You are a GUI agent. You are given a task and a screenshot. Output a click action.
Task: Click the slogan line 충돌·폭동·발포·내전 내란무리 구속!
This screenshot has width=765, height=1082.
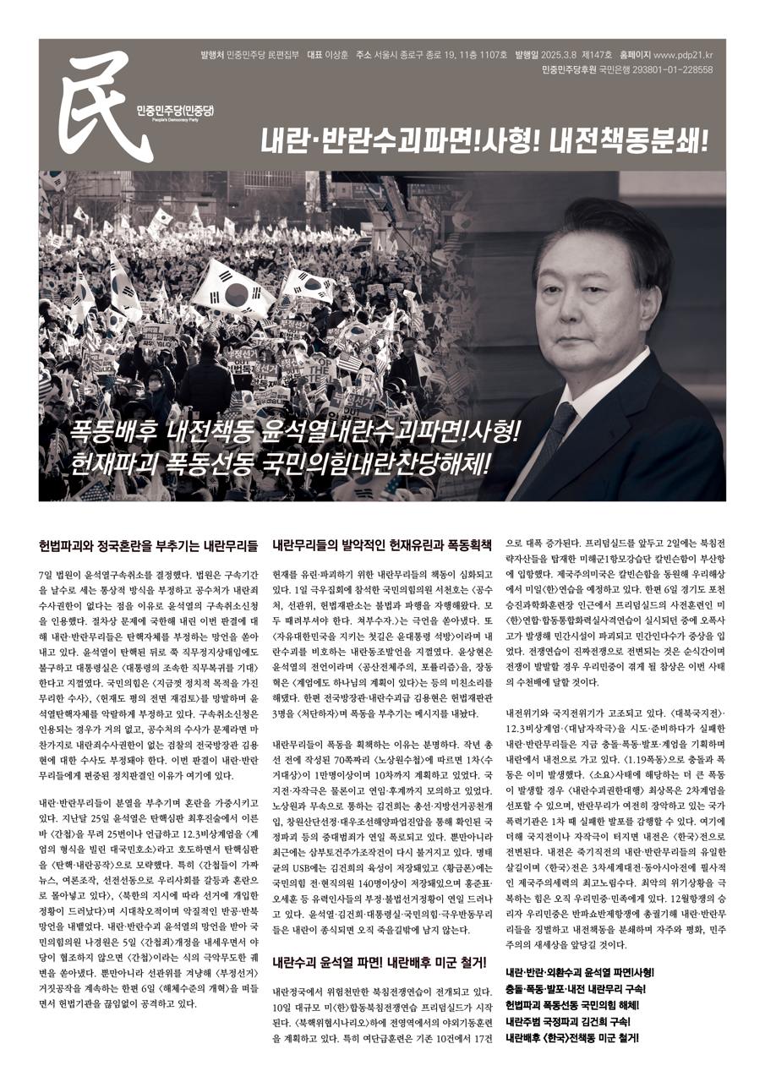click(576, 988)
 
